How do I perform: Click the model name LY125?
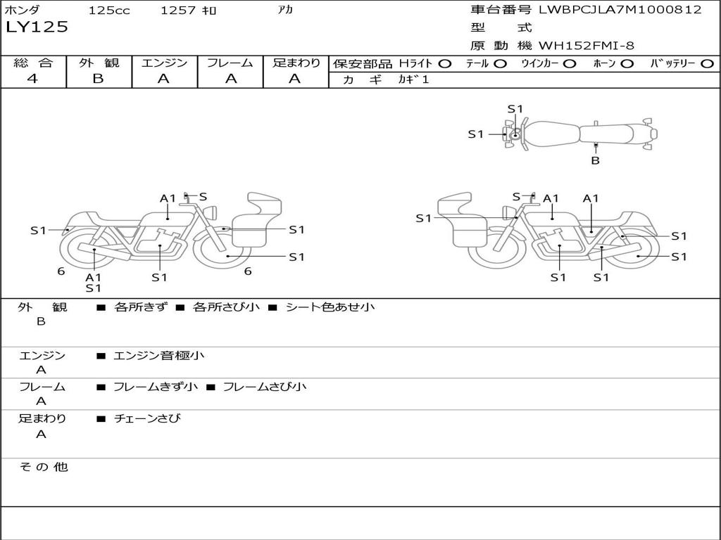tap(37, 27)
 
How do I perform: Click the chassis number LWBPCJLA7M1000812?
tap(620, 10)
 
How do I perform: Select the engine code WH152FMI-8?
tap(587, 46)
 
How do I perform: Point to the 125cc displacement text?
tap(104, 10)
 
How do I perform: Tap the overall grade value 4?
tap(32, 79)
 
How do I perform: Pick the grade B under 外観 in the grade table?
tap(98, 79)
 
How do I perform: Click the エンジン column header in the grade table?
tap(164, 63)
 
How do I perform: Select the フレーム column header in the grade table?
tap(230, 63)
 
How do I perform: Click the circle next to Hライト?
tap(445, 63)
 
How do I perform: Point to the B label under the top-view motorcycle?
tap(595, 160)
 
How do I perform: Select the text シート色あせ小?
tap(330, 307)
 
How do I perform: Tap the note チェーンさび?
tap(147, 418)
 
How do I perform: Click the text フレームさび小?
tap(264, 387)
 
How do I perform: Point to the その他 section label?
tap(43, 467)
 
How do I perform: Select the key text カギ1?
tap(413, 79)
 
